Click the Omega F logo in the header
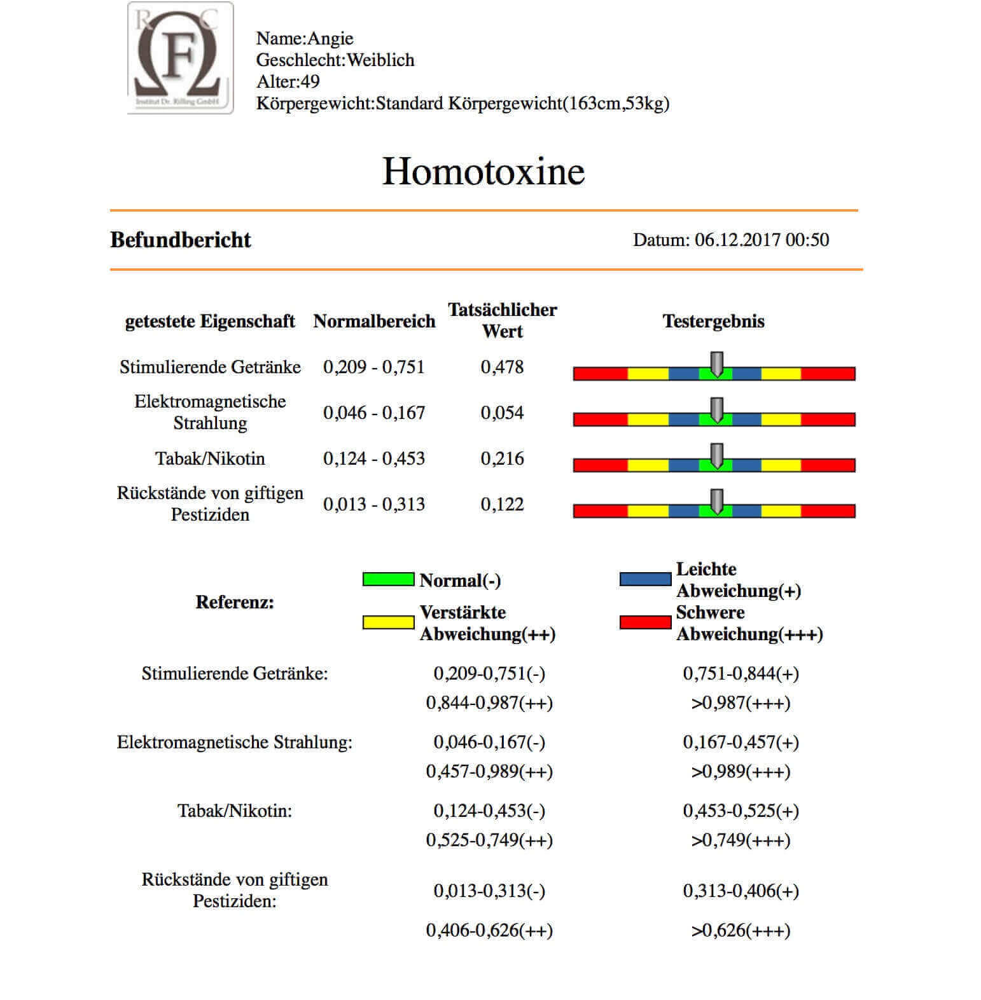[180, 58]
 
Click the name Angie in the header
[330, 39]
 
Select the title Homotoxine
[483, 171]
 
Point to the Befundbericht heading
[181, 240]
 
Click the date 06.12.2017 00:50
[761, 240]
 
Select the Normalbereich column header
[374, 321]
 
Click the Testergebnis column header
[713, 321]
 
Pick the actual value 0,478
[502, 367]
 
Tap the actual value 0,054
[502, 413]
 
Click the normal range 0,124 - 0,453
[374, 458]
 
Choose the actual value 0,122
[502, 504]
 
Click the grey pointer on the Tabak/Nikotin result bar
[716, 456]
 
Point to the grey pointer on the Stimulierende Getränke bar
[716, 364]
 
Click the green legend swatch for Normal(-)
[388, 579]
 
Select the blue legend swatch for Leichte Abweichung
[645, 579]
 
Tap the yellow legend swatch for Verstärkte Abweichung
[388, 622]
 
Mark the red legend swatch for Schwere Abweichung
[645, 622]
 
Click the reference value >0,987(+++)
[741, 703]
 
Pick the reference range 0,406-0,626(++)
[489, 931]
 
